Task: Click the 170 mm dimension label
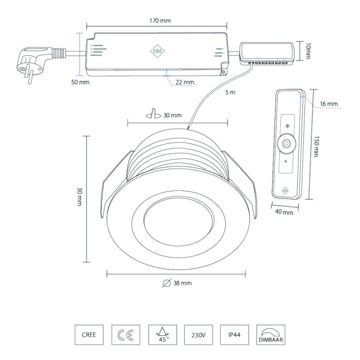click(157, 21)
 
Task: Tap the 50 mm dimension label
click(80, 83)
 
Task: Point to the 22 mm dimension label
click(185, 82)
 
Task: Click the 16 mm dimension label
click(329, 104)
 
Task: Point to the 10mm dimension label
click(308, 51)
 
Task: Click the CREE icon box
click(89, 335)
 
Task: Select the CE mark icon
click(125, 335)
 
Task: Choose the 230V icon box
click(198, 335)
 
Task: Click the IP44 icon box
click(234, 335)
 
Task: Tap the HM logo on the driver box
click(157, 51)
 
